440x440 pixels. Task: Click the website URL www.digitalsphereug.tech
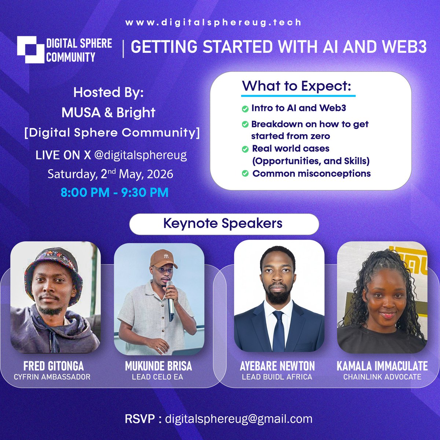click(x=213, y=22)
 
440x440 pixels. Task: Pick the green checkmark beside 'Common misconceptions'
click(x=245, y=173)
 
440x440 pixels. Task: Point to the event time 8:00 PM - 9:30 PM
click(x=115, y=192)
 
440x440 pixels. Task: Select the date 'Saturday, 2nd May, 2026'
click(x=110, y=174)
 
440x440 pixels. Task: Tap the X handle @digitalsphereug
click(x=140, y=155)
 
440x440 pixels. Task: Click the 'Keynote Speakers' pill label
click(x=224, y=224)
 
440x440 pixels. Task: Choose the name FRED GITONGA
click(x=54, y=366)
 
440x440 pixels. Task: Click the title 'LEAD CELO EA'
click(x=157, y=377)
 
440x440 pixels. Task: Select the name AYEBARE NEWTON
click(x=277, y=366)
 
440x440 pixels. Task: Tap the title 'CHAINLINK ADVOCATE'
click(x=382, y=377)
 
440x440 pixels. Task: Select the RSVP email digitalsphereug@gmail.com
click(x=239, y=419)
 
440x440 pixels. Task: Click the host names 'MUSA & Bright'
click(x=109, y=113)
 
